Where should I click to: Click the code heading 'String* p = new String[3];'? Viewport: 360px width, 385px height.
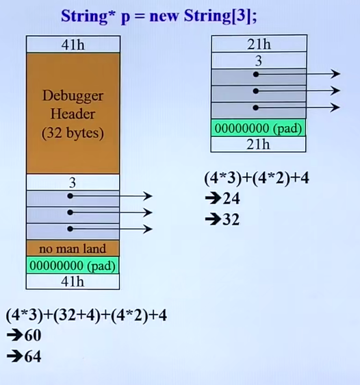pos(159,16)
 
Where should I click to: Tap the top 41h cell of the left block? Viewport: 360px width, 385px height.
pos(73,45)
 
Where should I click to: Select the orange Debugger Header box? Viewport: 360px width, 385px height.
pos(73,114)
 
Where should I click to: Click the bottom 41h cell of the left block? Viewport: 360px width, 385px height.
pos(73,282)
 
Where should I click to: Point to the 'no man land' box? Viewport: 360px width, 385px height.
pos(73,249)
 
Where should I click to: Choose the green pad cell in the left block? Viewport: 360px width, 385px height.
pos(73,265)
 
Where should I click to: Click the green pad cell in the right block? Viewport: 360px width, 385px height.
pos(258,128)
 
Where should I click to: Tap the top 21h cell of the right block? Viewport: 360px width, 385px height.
pos(259,44)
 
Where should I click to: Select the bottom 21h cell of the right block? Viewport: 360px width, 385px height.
pos(258,145)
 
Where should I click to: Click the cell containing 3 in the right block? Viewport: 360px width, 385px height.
pos(259,60)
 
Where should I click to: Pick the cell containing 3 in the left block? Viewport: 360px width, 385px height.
pos(73,182)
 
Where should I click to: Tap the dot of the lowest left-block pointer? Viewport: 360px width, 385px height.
pos(70,229)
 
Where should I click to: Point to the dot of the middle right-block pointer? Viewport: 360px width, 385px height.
pos(256,91)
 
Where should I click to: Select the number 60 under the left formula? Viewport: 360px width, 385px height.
pos(33,336)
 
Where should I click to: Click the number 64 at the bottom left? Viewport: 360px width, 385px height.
pos(33,356)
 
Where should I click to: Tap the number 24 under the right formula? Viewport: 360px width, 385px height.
pos(231,199)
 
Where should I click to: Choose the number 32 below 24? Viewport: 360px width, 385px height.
pos(231,219)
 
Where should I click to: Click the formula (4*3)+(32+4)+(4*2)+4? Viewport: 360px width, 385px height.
pos(86,315)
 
